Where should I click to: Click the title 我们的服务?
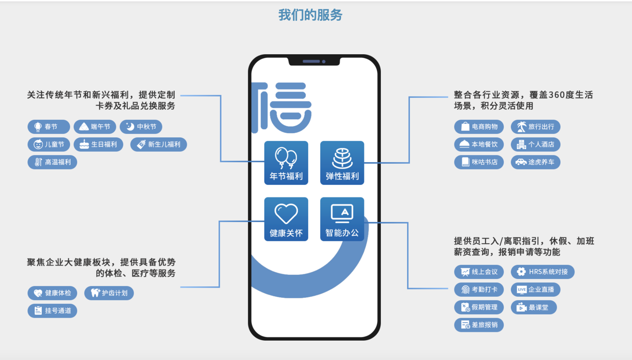(x=310, y=15)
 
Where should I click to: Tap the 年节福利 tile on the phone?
(x=286, y=163)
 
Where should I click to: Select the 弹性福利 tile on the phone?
(x=342, y=163)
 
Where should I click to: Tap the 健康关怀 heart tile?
(x=286, y=219)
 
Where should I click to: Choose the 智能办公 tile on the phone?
(x=342, y=219)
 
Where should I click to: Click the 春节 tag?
(x=49, y=127)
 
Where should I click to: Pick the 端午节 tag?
(x=95, y=127)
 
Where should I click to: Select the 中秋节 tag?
(x=141, y=127)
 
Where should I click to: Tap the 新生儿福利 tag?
(x=159, y=144)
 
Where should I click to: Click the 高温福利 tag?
(x=52, y=162)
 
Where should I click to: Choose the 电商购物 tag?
(x=479, y=127)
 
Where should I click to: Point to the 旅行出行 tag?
(x=536, y=127)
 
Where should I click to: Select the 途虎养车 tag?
(x=536, y=162)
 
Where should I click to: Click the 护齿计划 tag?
(x=109, y=293)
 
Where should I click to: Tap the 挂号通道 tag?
(x=52, y=311)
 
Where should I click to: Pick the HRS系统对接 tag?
(x=542, y=271)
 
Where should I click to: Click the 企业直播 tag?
(x=536, y=289)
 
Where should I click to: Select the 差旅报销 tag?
(x=479, y=325)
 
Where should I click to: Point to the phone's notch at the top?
(x=314, y=61)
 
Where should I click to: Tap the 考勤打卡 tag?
(x=479, y=289)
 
